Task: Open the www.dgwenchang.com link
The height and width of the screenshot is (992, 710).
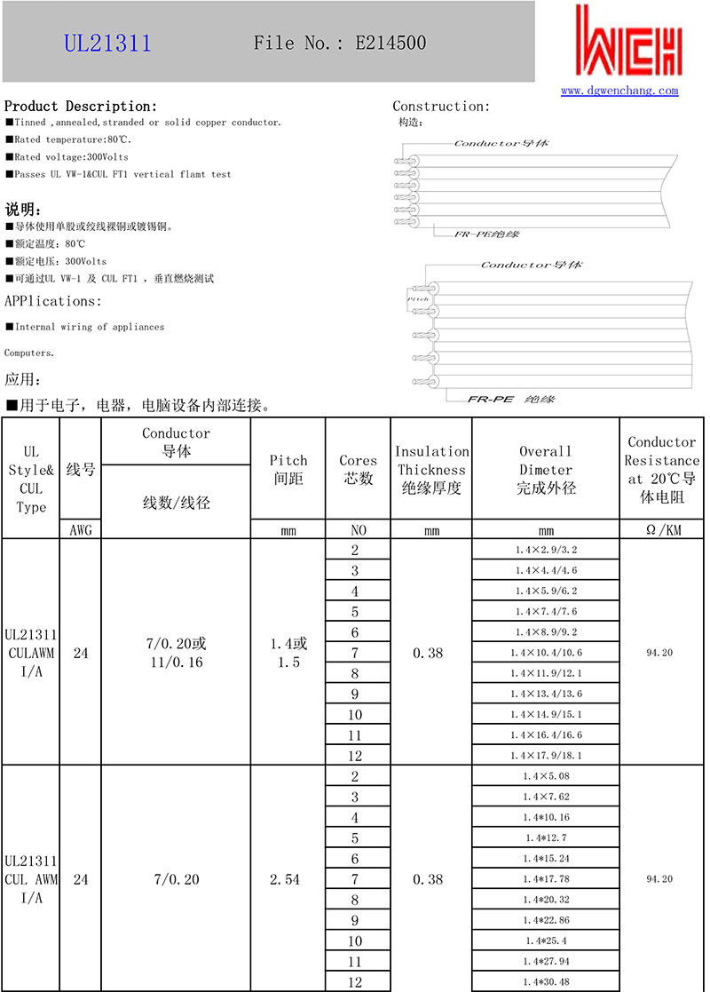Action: pos(619,91)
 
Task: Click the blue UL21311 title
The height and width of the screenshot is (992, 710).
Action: pos(107,44)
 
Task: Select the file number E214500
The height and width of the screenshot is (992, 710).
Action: pos(390,43)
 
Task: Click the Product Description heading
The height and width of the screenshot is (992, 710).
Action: pos(81,106)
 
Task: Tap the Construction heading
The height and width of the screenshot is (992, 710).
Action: pos(441,107)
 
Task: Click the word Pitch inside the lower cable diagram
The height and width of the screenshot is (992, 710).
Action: pos(418,299)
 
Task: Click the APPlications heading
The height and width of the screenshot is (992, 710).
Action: pos(53,301)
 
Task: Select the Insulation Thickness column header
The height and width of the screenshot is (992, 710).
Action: pos(431,469)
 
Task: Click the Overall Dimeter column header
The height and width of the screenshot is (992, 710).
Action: pos(546,469)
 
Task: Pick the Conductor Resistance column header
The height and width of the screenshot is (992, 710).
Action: pos(662,469)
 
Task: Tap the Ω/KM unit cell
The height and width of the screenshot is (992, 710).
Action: pos(662,530)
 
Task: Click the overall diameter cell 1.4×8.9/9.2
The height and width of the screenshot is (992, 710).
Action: pos(546,632)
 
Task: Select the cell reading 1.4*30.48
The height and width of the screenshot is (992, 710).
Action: pos(546,981)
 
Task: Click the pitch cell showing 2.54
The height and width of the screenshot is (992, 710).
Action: pos(288,879)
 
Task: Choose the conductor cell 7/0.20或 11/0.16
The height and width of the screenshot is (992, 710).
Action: pos(177,653)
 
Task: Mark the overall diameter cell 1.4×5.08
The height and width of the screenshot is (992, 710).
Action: pos(546,776)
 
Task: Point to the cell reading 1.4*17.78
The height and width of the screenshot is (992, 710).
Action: pos(546,879)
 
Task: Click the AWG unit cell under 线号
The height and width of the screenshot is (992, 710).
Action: pos(81,530)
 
